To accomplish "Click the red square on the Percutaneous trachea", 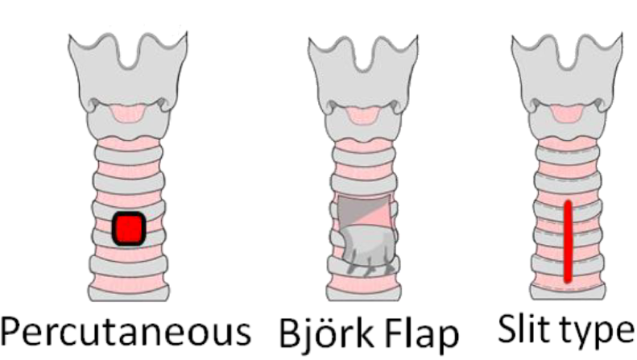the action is point(128,229).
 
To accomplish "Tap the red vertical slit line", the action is point(568,242).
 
